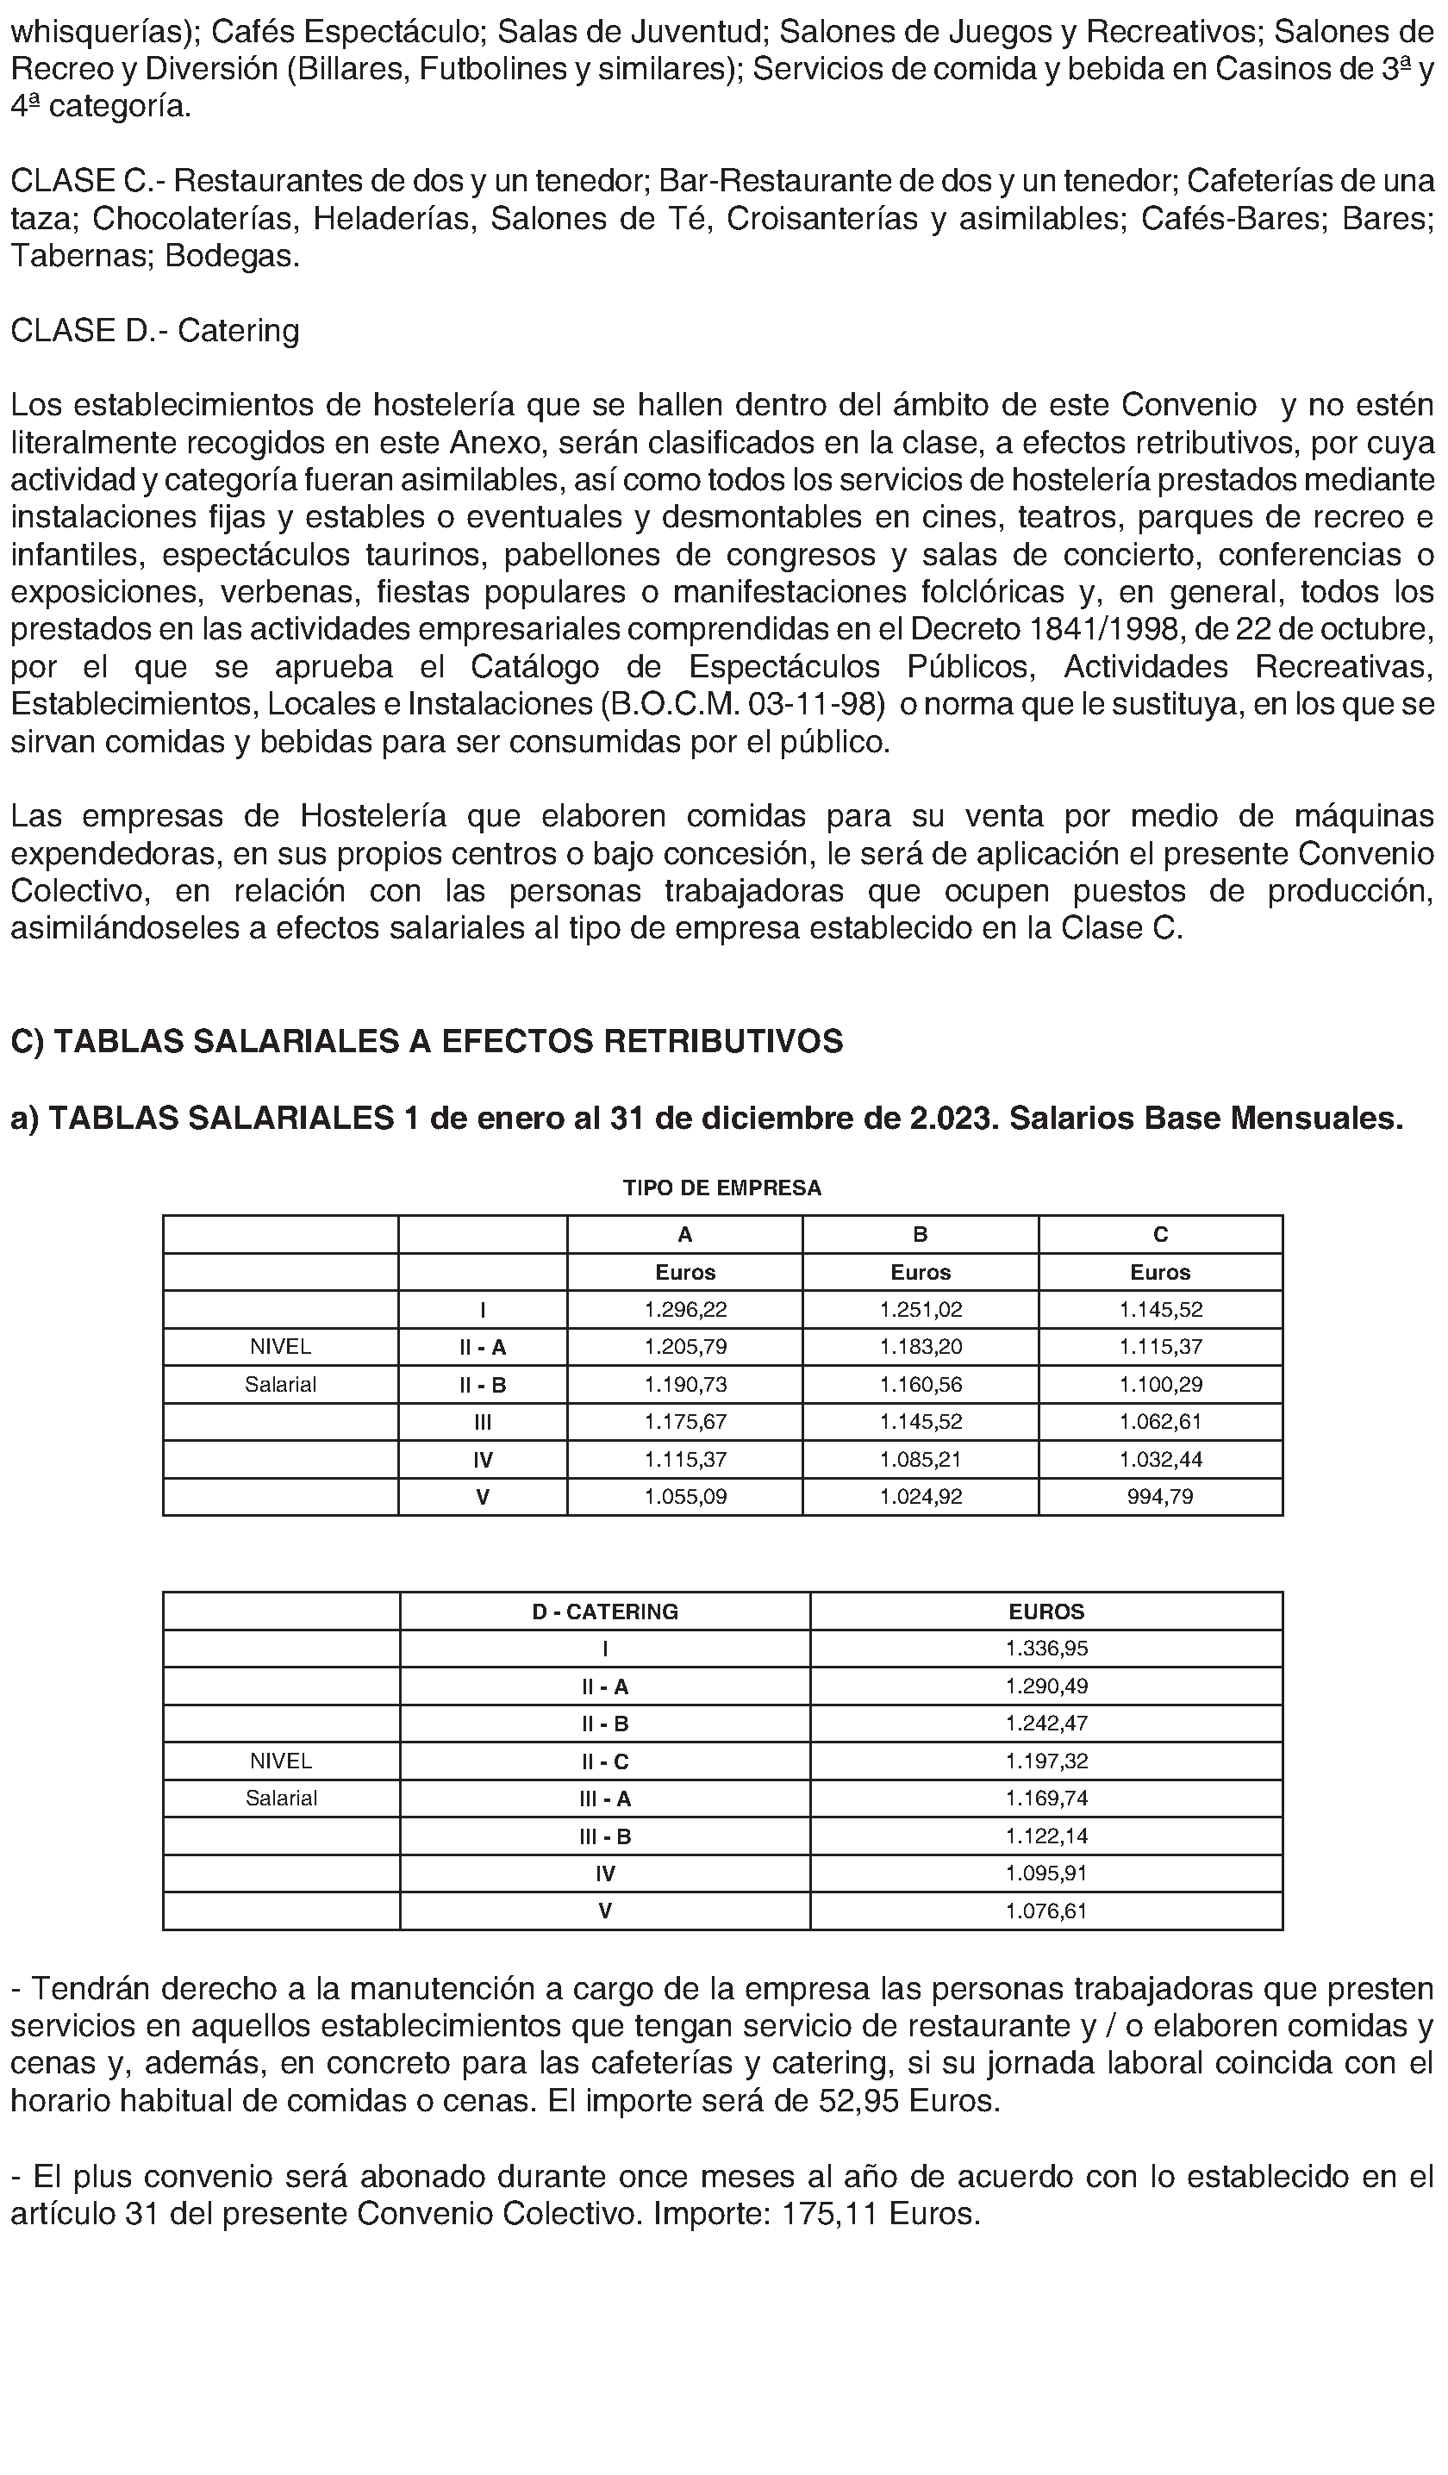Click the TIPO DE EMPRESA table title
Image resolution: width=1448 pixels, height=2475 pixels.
coord(722,1188)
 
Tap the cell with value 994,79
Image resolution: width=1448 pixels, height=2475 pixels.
coord(1160,1497)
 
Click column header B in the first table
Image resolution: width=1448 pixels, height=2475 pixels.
coord(921,1235)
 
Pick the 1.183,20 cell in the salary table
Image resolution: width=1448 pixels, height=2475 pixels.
coord(921,1347)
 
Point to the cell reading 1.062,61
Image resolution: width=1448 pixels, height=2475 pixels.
coord(1160,1421)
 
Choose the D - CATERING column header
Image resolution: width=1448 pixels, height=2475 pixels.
coord(605,1612)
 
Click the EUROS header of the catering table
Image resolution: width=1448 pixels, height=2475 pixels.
coord(1046,1612)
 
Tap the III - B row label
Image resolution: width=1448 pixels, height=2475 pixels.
coord(605,1836)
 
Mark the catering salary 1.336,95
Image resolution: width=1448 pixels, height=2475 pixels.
coord(1046,1649)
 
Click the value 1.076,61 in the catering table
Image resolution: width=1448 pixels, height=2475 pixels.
coord(1046,1911)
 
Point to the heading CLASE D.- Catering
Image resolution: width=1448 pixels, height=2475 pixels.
coord(155,330)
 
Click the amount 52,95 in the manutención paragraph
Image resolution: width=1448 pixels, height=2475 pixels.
coord(859,2101)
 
